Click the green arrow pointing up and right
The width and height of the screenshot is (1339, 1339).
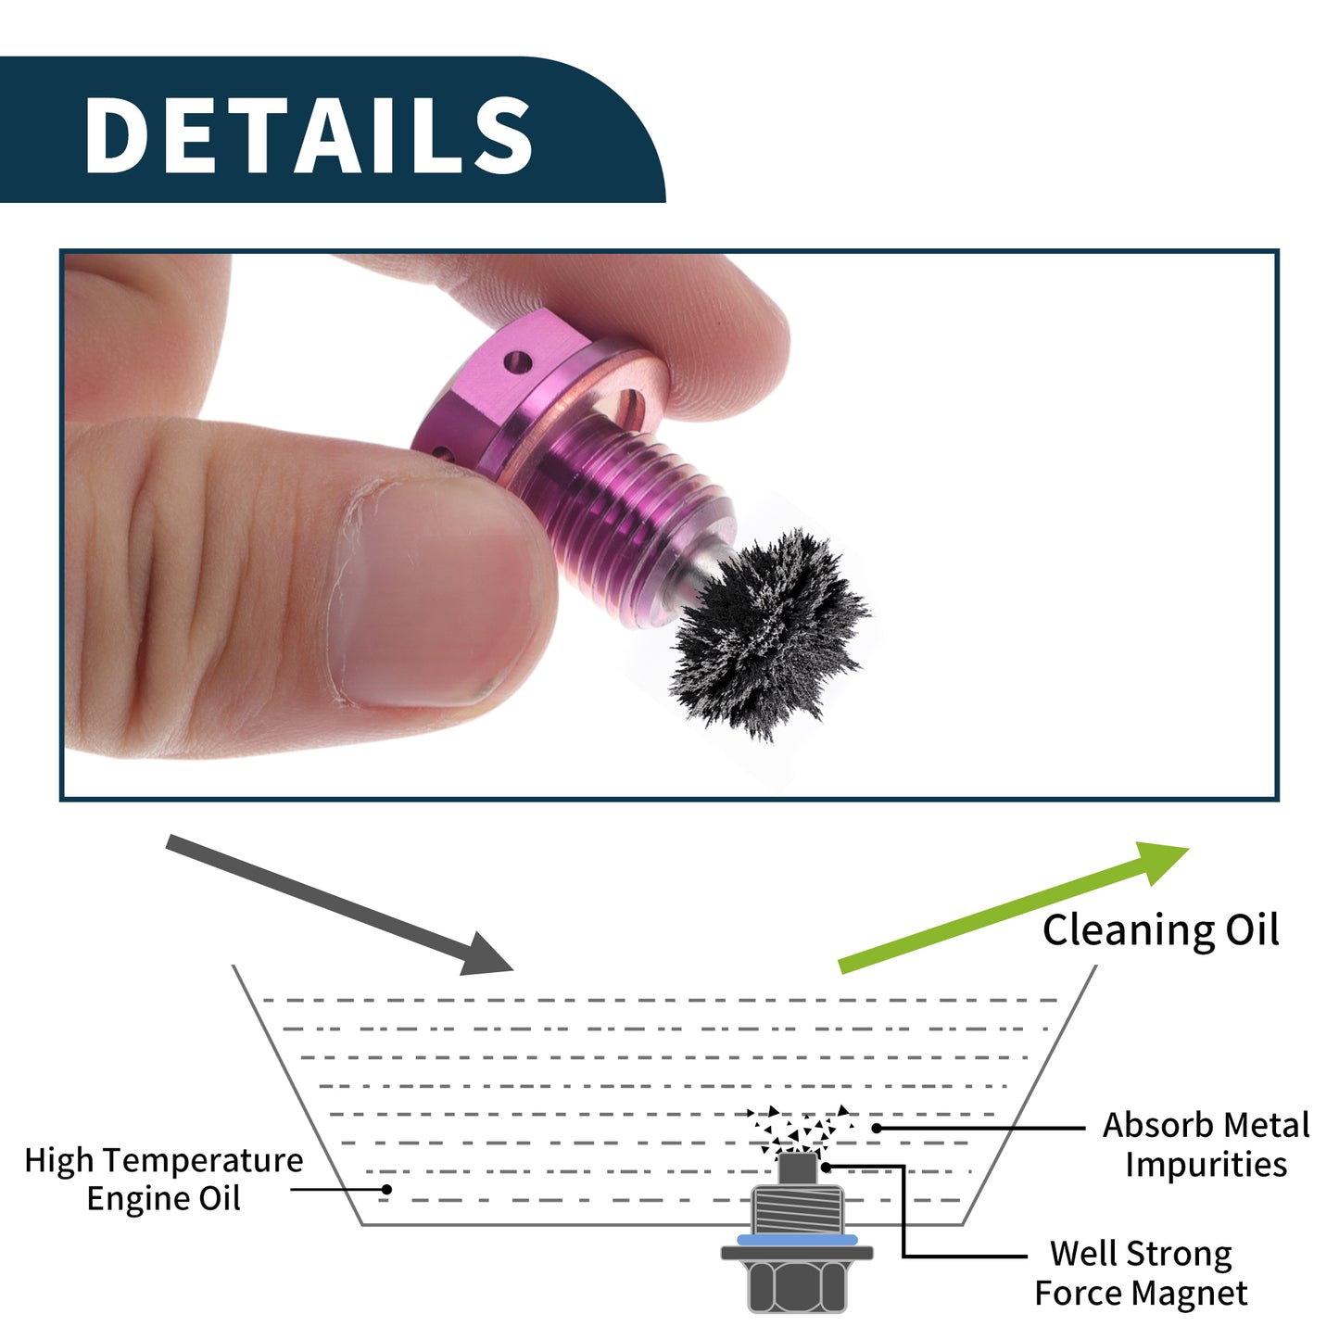click(1014, 907)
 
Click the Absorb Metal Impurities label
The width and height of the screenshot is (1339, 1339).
click(1206, 1143)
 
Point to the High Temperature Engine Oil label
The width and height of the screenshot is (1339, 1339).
click(164, 1179)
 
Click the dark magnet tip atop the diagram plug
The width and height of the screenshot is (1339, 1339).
click(797, 1169)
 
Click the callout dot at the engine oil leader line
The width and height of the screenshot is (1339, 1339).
click(386, 1190)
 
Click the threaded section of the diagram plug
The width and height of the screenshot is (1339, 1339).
click(797, 1209)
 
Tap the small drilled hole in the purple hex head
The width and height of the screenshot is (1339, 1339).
click(518, 362)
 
